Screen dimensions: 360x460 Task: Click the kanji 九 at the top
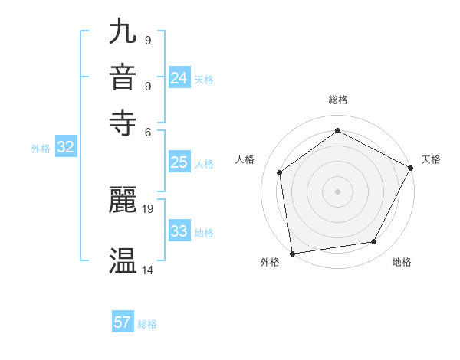(123, 33)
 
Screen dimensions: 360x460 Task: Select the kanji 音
(123, 77)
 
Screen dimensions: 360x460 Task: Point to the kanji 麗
(123, 200)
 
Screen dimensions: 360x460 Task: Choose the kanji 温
(123, 261)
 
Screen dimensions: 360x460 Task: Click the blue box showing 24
(179, 78)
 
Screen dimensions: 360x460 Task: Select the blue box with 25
(179, 162)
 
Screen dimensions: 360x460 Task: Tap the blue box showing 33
(179, 231)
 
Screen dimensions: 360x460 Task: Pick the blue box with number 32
(65, 148)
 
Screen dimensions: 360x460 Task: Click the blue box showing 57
(123, 322)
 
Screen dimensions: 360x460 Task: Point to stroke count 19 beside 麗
(148, 208)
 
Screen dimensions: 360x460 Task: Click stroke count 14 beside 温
(148, 270)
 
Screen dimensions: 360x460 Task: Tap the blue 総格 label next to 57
(147, 324)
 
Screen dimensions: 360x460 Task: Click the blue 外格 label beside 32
(41, 149)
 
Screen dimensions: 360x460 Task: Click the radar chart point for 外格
(292, 253)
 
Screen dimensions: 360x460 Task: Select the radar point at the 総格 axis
(337, 130)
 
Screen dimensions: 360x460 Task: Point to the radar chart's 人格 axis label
(245, 159)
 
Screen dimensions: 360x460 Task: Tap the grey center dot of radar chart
(337, 191)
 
